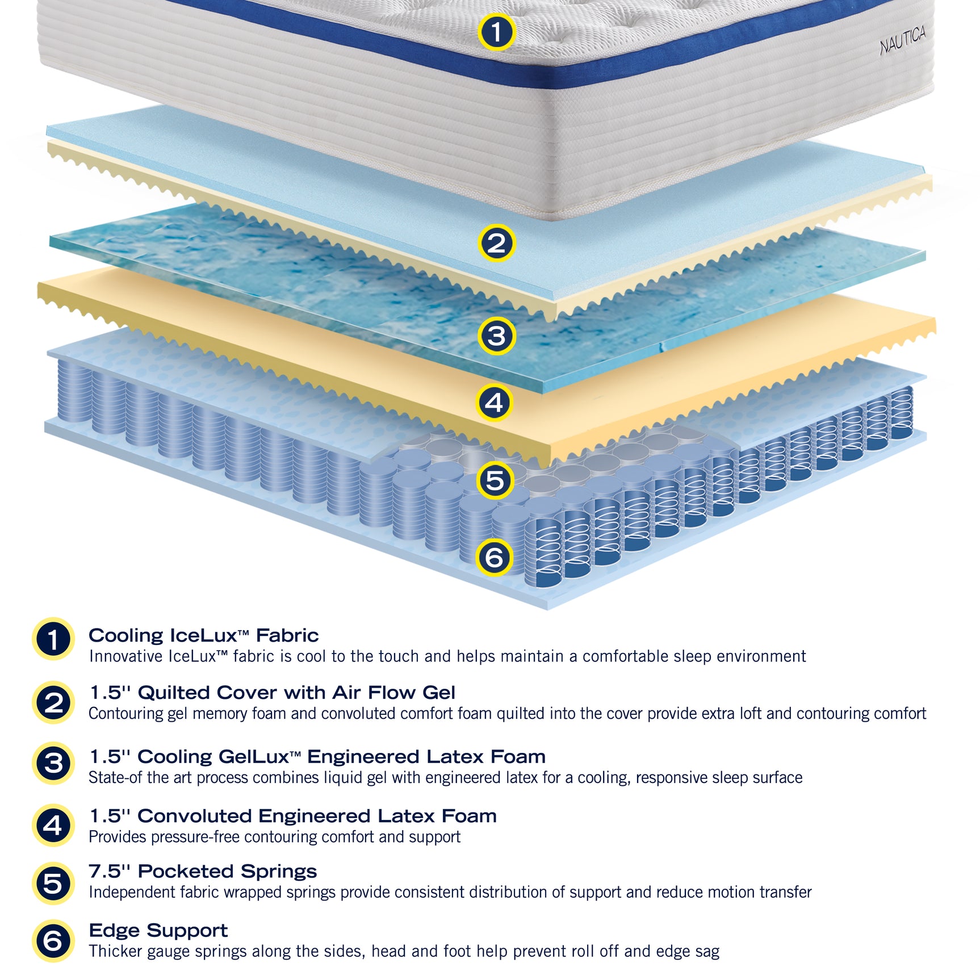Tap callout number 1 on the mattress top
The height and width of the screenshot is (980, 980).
click(x=496, y=32)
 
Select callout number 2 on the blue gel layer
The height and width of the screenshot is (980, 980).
click(x=496, y=244)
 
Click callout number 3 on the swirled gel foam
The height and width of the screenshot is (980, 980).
click(x=496, y=336)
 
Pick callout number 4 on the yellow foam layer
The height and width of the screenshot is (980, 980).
click(x=494, y=403)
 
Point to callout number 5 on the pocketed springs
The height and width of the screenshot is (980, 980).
click(x=495, y=480)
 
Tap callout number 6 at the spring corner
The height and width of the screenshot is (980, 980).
click(x=494, y=557)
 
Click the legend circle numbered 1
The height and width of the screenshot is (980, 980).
click(x=53, y=639)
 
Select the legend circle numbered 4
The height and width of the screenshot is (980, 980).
click(x=53, y=825)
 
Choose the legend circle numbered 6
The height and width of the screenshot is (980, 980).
click(x=53, y=941)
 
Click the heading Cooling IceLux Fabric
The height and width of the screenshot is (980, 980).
click(x=203, y=635)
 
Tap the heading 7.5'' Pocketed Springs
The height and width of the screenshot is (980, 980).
click(x=203, y=871)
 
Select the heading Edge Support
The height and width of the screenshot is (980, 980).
click(x=158, y=930)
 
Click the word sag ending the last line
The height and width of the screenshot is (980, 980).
click(x=707, y=951)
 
